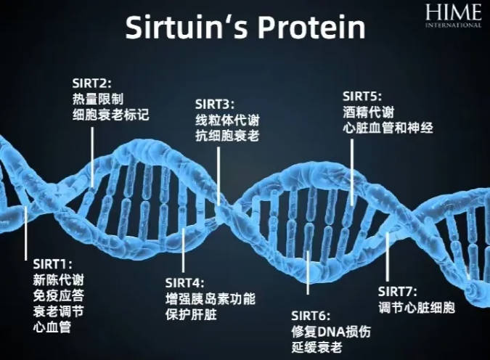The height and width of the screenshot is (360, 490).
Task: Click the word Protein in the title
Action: point(311,28)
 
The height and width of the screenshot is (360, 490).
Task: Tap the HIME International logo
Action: point(453,16)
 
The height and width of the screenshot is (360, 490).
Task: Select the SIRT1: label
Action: point(52,264)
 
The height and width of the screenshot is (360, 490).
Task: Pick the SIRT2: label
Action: point(91,83)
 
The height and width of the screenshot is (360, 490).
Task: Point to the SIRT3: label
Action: point(215,105)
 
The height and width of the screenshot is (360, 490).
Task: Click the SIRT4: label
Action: point(184,283)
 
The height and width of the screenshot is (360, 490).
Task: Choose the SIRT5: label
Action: point(362,97)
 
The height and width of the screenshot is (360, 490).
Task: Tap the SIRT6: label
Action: point(311,316)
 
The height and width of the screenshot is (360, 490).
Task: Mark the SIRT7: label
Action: point(398,292)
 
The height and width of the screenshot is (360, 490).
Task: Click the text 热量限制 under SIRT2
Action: point(98,99)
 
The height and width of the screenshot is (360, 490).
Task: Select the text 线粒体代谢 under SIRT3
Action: point(227,120)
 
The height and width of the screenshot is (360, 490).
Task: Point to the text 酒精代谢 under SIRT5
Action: point(369,112)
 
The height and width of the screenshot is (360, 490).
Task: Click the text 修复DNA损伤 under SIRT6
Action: point(331,332)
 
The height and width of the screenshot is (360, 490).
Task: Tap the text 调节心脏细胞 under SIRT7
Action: point(417,308)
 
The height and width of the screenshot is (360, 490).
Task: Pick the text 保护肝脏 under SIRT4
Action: point(191,314)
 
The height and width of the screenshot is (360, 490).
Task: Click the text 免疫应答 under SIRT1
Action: point(59,295)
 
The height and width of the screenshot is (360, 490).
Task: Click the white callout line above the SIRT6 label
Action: point(308,272)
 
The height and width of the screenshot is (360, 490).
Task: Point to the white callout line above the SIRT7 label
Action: point(388,257)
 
